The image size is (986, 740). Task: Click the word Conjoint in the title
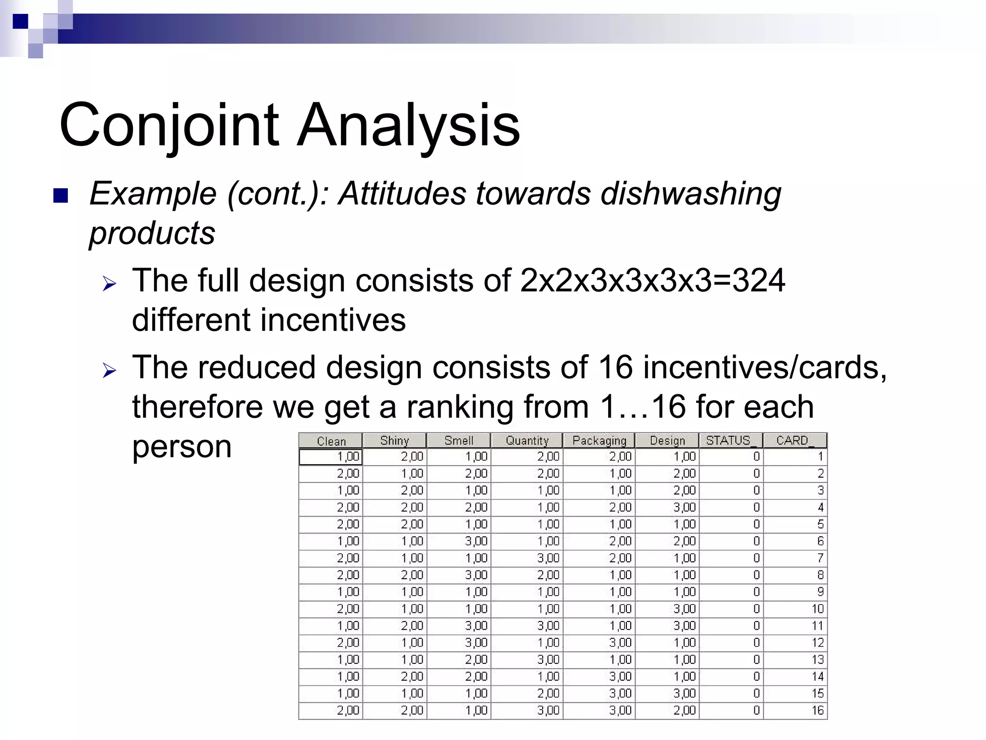pyautogui.click(x=169, y=126)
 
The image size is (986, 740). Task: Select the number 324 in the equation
pyautogui.click(x=759, y=280)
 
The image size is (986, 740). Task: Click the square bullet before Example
pyautogui.click(x=61, y=195)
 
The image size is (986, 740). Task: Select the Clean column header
pyautogui.click(x=331, y=441)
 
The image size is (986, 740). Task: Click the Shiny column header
pyautogui.click(x=394, y=441)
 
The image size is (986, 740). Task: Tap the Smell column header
pyautogui.click(x=458, y=441)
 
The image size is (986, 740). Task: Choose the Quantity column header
pyautogui.click(x=527, y=441)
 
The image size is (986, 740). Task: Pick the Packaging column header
pyautogui.click(x=599, y=441)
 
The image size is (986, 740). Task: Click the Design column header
pyautogui.click(x=667, y=441)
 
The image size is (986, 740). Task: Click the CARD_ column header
pyautogui.click(x=794, y=441)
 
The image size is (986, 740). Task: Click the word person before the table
pyautogui.click(x=182, y=447)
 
